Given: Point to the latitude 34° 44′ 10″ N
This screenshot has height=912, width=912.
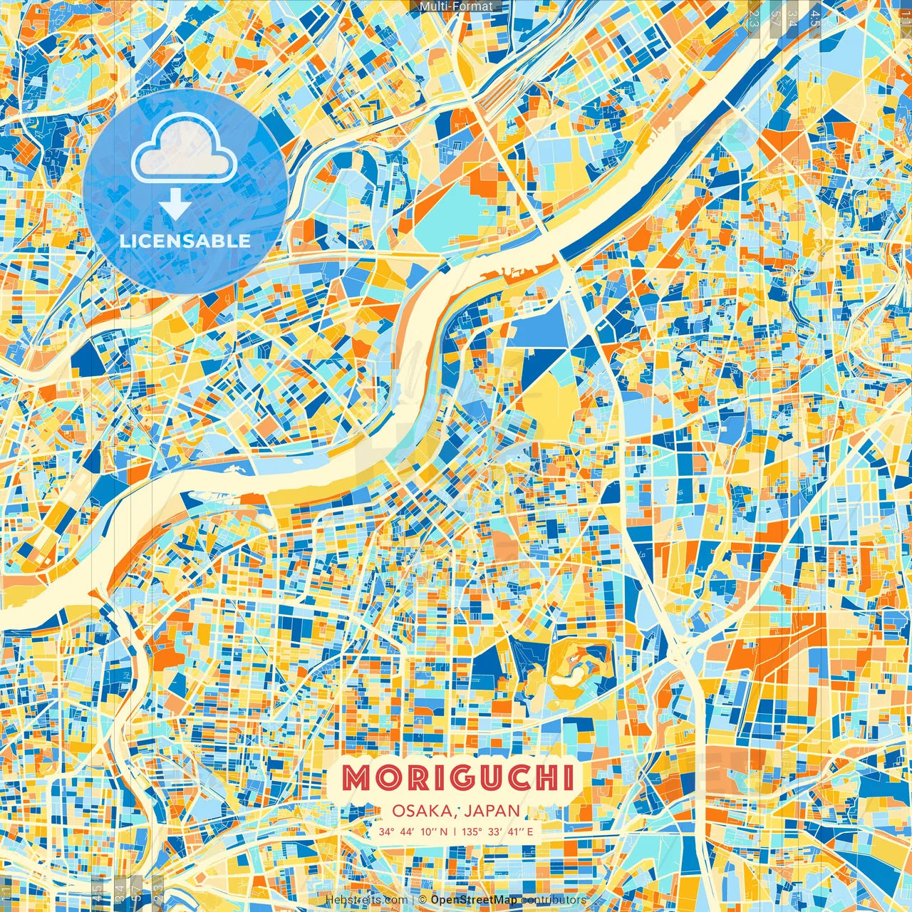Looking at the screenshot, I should pos(413,831).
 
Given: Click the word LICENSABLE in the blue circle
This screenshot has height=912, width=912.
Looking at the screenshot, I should pos(185,241).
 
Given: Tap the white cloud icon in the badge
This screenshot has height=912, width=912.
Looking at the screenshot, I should pos(185,147).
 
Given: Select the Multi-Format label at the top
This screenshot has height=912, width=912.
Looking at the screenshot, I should pos(456,6).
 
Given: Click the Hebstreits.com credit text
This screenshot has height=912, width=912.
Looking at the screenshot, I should pos(366,900).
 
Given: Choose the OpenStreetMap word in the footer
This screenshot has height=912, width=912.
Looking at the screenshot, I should pos(474,900).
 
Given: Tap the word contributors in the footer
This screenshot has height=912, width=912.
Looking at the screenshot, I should pos(554,900).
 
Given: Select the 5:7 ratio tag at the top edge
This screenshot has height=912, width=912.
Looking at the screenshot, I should pos(774,18).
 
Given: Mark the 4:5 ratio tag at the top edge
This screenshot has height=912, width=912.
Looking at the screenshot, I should pos(815,18).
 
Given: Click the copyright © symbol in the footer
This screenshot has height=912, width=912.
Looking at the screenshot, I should pos(423,900).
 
